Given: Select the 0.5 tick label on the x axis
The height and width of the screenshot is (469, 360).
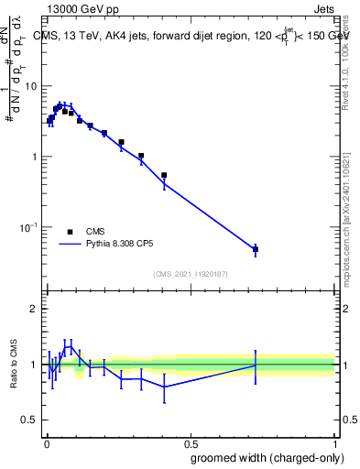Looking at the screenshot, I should [191, 442].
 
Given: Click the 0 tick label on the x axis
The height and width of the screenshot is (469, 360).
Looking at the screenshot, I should [45, 442].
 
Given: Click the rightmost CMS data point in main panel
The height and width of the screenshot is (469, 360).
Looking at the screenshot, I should [256, 249].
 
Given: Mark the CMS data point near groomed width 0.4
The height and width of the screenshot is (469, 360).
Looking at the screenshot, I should [164, 175].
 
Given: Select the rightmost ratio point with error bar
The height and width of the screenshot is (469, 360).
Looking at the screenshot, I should [256, 365].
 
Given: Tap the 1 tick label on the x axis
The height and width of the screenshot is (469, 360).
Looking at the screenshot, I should [335, 442].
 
